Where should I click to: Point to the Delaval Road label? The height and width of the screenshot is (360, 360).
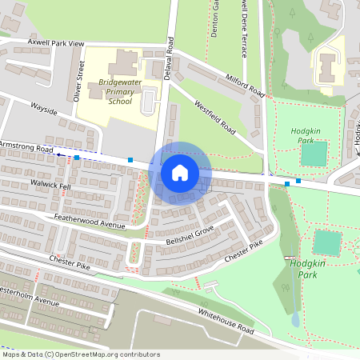169,54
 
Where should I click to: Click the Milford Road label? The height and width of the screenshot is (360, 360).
245,85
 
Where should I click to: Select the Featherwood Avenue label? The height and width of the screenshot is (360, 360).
89,222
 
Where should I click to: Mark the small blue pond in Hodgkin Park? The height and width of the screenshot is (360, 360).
295,318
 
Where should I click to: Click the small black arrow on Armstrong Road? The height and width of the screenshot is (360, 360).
58,155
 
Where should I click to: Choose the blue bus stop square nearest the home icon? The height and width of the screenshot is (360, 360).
130,160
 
